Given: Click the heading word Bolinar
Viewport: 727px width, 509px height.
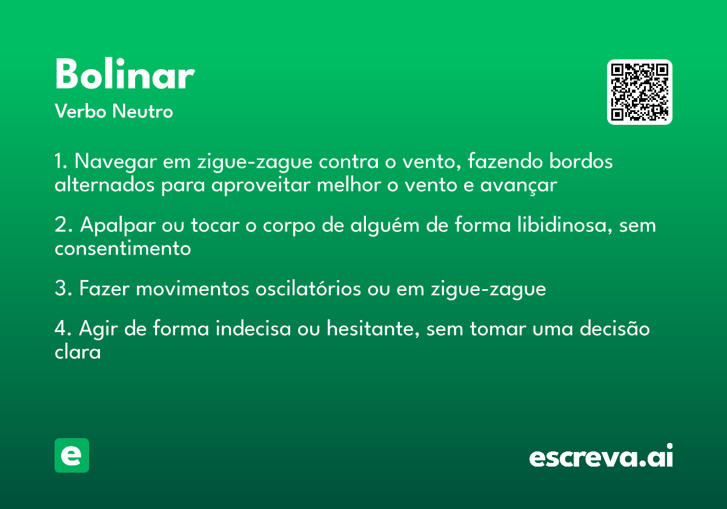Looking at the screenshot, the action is pos(125,74).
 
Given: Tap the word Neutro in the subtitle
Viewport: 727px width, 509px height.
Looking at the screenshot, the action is pos(142,111).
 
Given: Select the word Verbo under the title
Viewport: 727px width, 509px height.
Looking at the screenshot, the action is pos(81,111).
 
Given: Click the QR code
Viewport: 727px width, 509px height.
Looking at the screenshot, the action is pos(639,92).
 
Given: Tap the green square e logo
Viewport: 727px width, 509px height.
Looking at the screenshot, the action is pos(71,455).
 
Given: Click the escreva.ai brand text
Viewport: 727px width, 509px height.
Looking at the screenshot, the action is pos(601,456).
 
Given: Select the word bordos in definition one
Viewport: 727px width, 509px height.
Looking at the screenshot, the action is pos(581,161).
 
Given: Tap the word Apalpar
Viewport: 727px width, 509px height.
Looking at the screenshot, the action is pos(118,225).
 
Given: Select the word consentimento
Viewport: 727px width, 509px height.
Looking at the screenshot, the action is pos(122,249).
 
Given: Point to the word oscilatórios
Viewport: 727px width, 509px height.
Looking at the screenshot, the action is pos(308,288).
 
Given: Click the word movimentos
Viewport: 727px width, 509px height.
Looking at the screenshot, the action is pos(193,289).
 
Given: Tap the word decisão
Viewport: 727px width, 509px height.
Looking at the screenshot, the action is pos(615,328).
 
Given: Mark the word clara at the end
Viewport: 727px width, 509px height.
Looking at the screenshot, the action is pos(78,351).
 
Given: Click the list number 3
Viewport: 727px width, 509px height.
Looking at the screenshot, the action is pos(63,288).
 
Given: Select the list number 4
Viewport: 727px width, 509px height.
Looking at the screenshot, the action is pos(63,328).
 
